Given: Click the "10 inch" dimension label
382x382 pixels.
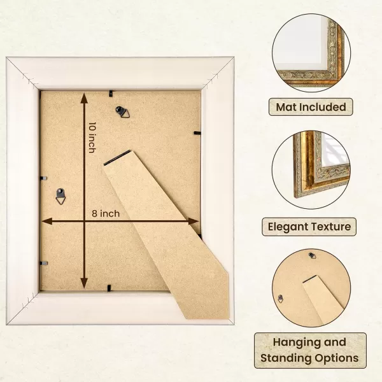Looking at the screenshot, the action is [x=92, y=138].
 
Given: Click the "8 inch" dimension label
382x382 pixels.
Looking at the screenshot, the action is [x=106, y=214].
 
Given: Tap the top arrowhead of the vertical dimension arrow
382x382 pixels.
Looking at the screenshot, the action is [x=84, y=98].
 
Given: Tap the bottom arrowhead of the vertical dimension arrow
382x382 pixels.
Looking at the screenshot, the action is [x=84, y=283].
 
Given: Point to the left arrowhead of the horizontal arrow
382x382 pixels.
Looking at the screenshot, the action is [x=46, y=221].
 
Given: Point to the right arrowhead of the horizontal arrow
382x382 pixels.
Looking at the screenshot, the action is [x=194, y=221].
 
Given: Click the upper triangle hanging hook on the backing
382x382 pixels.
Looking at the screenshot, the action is [x=123, y=112].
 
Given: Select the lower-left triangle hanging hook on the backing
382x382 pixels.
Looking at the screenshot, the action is [x=60, y=196].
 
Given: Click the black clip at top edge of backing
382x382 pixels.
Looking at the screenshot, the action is [x=111, y=94].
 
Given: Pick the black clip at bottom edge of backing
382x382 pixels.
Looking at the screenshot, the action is [x=109, y=288].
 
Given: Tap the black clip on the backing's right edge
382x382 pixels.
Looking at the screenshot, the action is [x=197, y=133].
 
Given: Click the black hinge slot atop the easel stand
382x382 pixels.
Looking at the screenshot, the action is [x=117, y=158].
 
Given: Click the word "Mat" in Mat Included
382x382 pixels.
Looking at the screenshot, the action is [x=286, y=107].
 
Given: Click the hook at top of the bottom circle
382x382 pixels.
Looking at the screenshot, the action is [x=313, y=255].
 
